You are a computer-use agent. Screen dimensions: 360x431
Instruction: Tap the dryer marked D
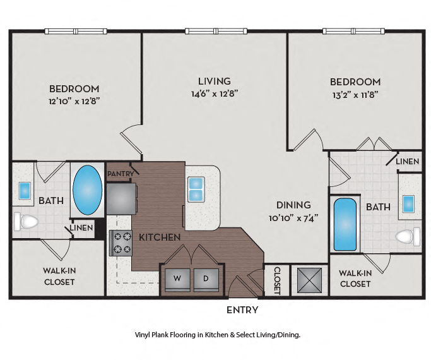point(205,279)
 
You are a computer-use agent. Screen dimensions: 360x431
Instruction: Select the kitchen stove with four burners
point(120,243)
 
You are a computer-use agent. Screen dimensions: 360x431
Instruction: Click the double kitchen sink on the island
point(196,188)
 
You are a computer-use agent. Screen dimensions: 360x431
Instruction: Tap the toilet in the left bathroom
point(26,221)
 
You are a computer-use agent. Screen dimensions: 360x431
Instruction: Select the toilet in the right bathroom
point(408,237)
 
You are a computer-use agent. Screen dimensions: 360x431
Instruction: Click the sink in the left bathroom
point(25,189)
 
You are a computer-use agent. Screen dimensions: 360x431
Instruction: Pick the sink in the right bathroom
point(408,203)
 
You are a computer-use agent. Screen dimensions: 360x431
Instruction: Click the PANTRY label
point(120,173)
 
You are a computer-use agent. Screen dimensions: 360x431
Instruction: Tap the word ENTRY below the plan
point(242,310)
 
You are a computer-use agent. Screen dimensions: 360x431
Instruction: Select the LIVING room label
point(215,81)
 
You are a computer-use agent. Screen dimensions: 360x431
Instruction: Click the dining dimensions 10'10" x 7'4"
point(294,218)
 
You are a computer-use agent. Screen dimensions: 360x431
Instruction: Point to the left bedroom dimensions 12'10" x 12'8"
point(74,100)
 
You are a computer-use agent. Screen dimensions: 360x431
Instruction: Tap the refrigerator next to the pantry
point(121,198)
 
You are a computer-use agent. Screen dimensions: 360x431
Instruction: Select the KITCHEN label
point(160,237)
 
